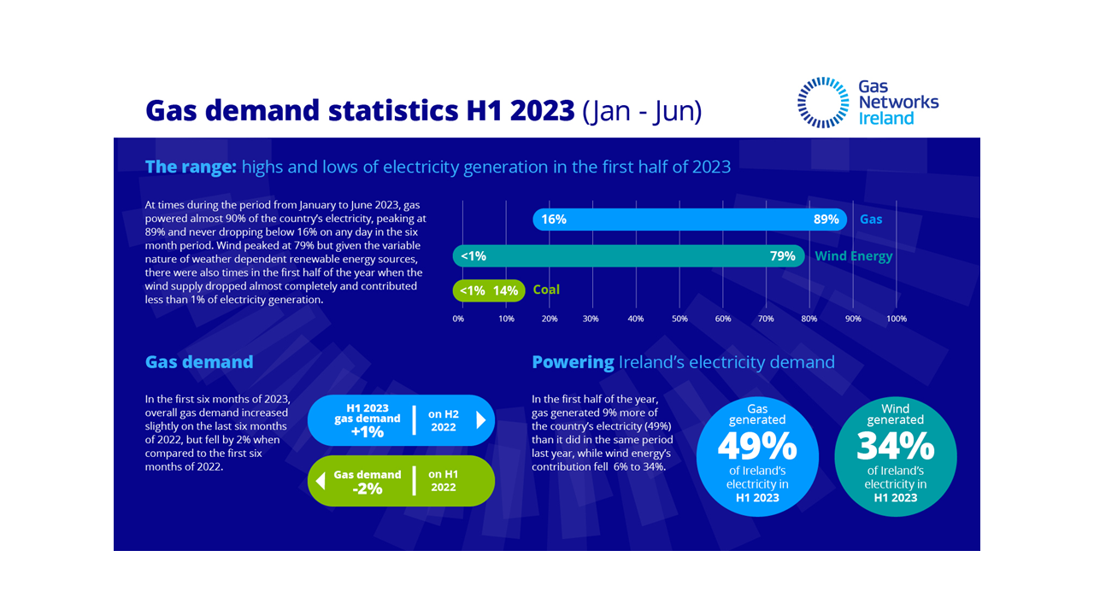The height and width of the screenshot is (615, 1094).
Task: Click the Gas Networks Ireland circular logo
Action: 822,102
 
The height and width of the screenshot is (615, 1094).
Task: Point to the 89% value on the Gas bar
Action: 826,220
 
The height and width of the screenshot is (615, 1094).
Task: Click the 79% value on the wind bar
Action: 782,255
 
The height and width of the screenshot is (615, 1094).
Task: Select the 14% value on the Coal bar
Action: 505,290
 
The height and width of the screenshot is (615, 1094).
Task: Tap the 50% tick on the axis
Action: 679,319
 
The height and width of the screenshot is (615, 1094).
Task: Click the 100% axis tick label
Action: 896,319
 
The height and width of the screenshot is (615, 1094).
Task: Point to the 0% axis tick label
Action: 458,319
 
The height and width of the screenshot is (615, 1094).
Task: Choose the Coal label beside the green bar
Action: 546,290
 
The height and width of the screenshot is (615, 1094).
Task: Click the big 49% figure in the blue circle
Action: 757,446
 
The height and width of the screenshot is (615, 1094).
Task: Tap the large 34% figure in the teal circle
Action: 896,446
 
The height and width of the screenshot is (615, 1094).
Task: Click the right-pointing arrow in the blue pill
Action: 480,420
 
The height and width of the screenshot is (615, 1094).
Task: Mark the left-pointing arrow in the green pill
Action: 321,481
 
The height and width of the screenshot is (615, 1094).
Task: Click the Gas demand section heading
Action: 199,361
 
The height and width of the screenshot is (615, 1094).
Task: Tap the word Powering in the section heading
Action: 573,362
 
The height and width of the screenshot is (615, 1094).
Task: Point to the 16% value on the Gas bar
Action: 554,220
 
